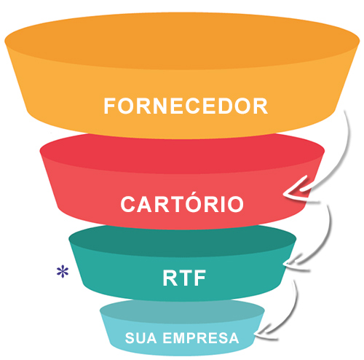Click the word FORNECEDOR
point(186,106)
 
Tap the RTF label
point(184,278)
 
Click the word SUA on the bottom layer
point(141,338)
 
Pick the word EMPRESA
point(201,338)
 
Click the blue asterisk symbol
point(63,272)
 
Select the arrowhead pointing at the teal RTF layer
point(293,264)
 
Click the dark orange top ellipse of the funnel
point(182,41)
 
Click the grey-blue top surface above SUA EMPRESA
point(182,312)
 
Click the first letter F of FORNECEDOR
point(110,106)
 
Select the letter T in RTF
point(184,278)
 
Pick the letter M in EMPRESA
point(181,338)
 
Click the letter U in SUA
point(141,338)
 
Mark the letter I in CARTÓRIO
point(222,204)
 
